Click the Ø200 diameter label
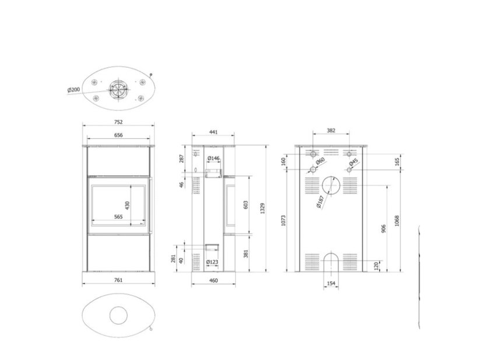pyautogui.click(x=73, y=90)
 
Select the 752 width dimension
pyautogui.click(x=118, y=122)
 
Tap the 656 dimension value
pyautogui.click(x=118, y=135)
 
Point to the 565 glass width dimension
pyautogui.click(x=118, y=216)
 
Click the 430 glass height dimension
pyautogui.click(x=127, y=205)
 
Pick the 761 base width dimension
pyautogui.click(x=118, y=280)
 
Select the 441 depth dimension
pyautogui.click(x=213, y=132)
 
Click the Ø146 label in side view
pyautogui.click(x=213, y=158)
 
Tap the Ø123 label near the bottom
pyautogui.click(x=212, y=262)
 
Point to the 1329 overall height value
pyautogui.click(x=262, y=208)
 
